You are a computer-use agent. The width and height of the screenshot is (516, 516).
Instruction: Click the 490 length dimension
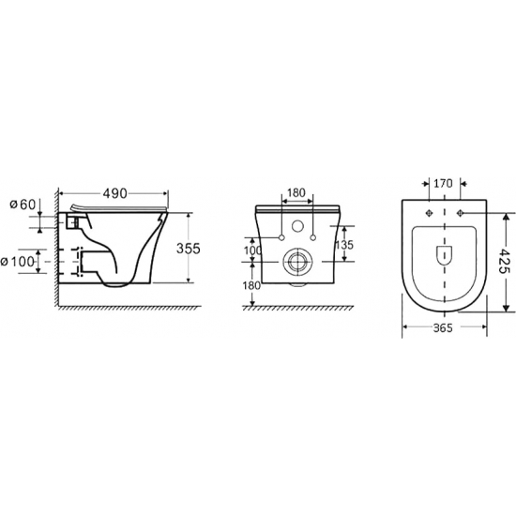[x=114, y=193]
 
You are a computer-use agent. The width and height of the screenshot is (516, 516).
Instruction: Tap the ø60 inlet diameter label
[x=23, y=205]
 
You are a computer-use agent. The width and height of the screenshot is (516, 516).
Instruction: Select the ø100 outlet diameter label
[x=18, y=262]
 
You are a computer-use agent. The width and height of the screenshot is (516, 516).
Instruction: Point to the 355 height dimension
[x=189, y=249]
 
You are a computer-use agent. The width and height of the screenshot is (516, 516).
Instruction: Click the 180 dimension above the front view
[x=296, y=193]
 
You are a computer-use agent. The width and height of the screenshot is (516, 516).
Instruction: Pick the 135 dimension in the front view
[x=344, y=245]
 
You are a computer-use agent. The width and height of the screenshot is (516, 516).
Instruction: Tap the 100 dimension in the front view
[x=252, y=250]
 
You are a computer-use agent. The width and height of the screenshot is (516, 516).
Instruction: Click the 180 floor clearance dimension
[x=251, y=285]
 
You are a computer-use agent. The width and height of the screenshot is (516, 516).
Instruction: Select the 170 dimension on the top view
[x=443, y=183]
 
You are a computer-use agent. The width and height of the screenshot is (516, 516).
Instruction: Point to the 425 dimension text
[x=504, y=262]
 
